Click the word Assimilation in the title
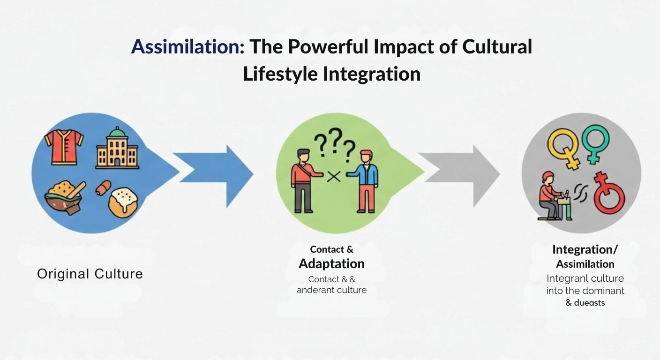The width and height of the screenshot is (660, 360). tap(185, 47)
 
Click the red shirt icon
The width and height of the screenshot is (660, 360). tap(64, 147)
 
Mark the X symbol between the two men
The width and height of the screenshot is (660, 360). tap(334, 176)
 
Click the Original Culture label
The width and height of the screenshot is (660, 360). tap(90, 274)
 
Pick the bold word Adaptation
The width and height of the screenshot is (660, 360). tap(331, 263)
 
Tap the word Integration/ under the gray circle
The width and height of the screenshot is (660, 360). tap(585, 249)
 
